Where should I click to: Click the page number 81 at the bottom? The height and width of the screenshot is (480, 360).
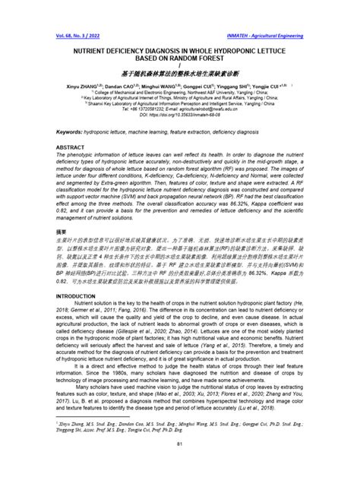pos(179,465)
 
